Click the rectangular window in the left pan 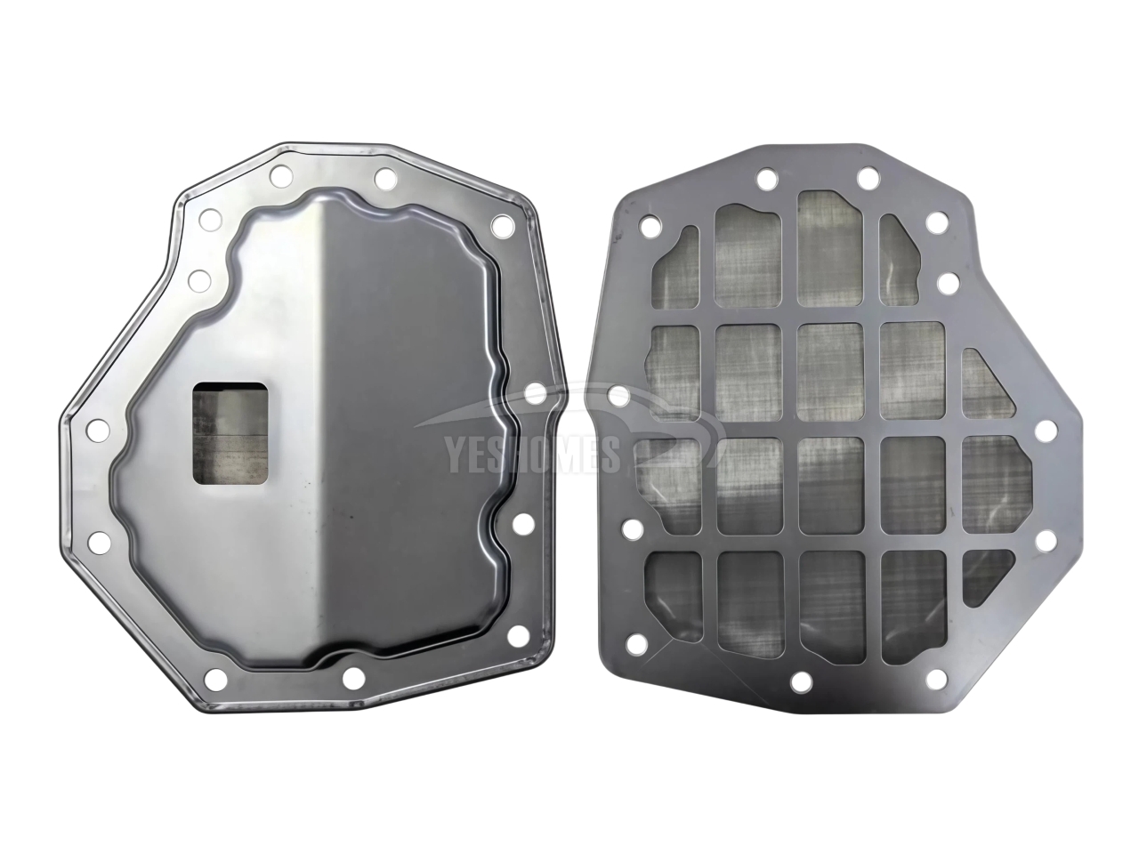[230, 434]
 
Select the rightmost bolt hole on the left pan [534, 392]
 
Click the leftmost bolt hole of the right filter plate [618, 397]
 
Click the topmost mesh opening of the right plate [829, 249]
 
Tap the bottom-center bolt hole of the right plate [802, 682]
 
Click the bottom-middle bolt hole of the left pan [353, 678]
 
